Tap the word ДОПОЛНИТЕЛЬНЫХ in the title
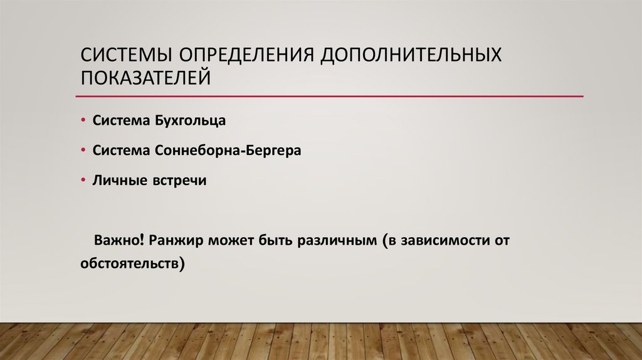point(412,55)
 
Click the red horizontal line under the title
point(329,97)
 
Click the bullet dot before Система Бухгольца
point(84,120)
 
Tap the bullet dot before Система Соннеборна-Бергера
point(84,151)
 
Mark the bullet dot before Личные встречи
point(84,181)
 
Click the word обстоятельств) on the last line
point(133,264)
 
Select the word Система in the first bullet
point(120,120)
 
